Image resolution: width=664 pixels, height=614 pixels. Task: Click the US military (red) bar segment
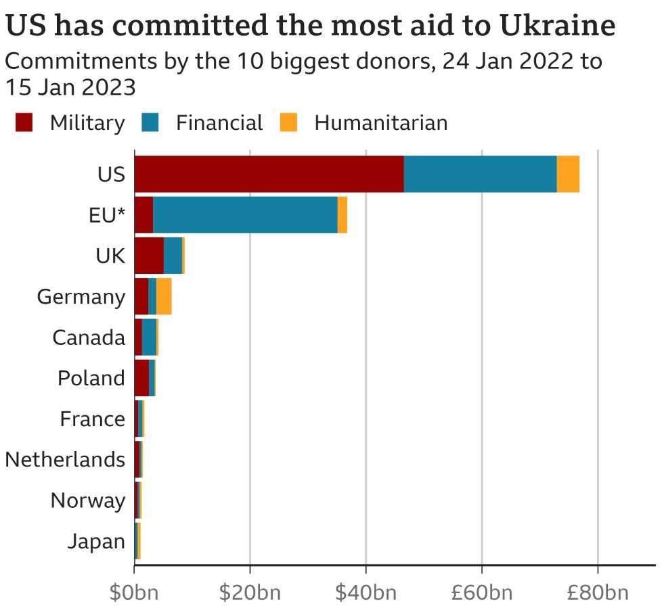click(x=269, y=174)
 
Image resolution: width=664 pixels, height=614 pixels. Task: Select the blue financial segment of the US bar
click(x=480, y=174)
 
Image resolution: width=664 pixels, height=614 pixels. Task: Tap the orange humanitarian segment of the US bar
click(x=568, y=174)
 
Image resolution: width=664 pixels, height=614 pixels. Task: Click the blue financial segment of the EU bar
click(x=245, y=215)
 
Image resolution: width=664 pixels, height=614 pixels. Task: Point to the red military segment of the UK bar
click(x=149, y=256)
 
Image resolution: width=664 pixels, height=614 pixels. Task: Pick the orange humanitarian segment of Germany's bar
click(x=164, y=296)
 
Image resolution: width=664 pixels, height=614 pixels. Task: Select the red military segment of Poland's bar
click(x=141, y=377)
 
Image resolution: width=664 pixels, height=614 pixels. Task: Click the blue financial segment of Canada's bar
click(x=149, y=337)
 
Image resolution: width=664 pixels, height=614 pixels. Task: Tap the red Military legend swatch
click(x=24, y=122)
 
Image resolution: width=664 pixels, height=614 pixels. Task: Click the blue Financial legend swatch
click(x=150, y=122)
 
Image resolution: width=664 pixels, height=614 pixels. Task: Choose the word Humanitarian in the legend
click(x=380, y=123)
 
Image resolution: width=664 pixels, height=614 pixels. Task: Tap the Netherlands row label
click(x=65, y=460)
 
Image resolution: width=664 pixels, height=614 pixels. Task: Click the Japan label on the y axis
click(x=96, y=542)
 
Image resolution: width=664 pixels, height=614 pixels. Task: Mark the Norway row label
click(x=88, y=501)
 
